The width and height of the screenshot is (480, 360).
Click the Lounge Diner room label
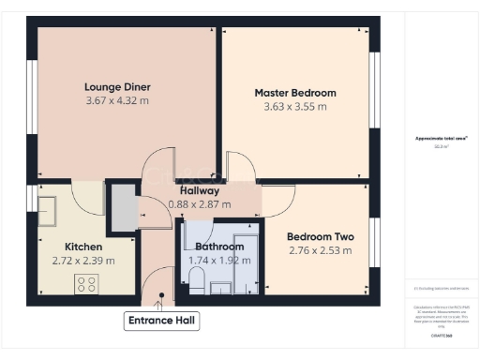(117, 86)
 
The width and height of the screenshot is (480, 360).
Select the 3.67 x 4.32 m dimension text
(117, 99)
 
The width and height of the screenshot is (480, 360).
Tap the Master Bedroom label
(295, 93)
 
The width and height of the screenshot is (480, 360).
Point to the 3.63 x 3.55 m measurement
(295, 106)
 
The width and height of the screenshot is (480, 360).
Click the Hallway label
(193, 190)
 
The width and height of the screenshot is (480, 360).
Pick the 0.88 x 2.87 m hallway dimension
(200, 203)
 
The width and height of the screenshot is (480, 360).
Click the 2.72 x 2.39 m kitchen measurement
(83, 261)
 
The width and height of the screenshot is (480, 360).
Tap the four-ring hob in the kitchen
(87, 282)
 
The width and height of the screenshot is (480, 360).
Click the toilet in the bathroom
(198, 278)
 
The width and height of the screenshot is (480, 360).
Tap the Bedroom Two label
(320, 237)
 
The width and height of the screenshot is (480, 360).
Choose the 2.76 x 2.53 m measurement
(320, 250)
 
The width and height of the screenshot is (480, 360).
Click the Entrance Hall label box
(161, 321)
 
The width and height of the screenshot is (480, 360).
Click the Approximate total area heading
(441, 139)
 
